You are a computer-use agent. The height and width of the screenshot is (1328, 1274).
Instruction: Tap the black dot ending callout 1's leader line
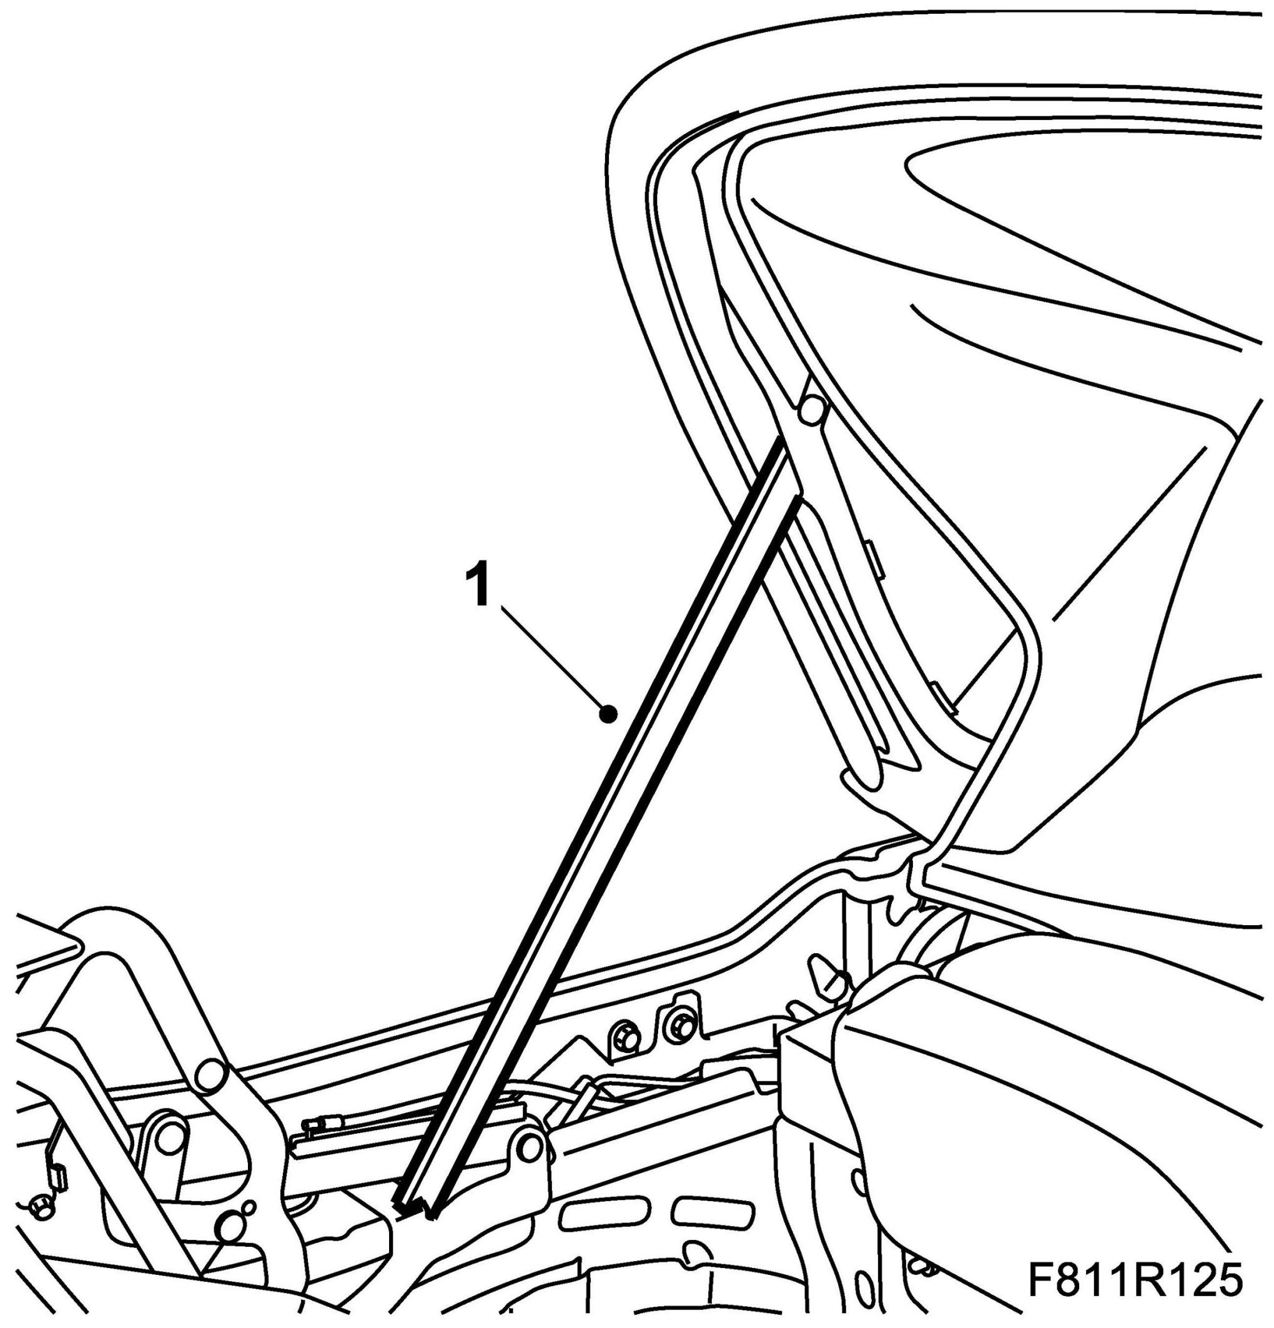(609, 713)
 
